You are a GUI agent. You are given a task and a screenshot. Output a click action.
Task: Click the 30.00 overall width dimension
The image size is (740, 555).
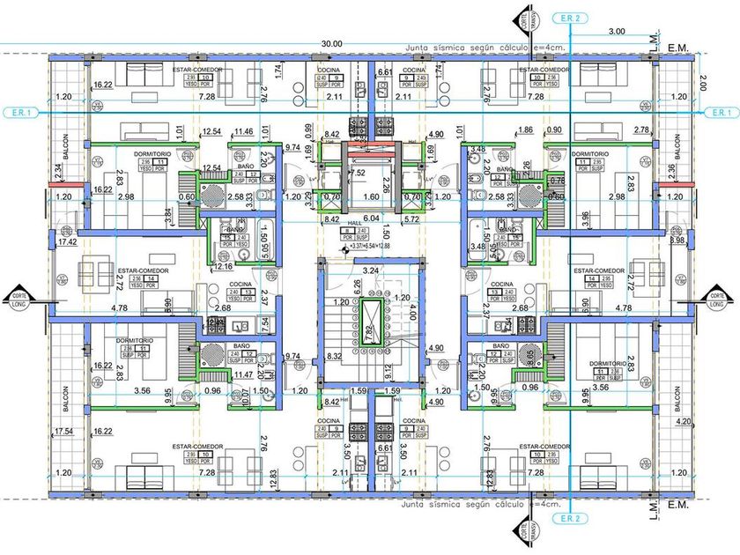pyautogui.click(x=332, y=42)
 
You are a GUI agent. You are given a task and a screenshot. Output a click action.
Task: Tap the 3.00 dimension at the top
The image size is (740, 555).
pyautogui.click(x=617, y=31)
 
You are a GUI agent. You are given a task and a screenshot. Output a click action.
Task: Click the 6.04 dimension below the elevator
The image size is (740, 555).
pyautogui.click(x=370, y=218)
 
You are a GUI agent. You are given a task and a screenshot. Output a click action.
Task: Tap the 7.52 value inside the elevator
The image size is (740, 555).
pyautogui.click(x=361, y=173)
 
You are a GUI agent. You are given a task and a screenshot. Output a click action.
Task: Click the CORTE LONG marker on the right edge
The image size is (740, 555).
pyautogui.click(x=719, y=299)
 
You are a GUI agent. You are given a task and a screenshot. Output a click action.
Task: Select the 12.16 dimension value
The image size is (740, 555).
pyautogui.click(x=224, y=265)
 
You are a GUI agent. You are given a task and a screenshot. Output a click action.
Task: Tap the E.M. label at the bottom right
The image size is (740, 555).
pyautogui.click(x=677, y=505)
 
